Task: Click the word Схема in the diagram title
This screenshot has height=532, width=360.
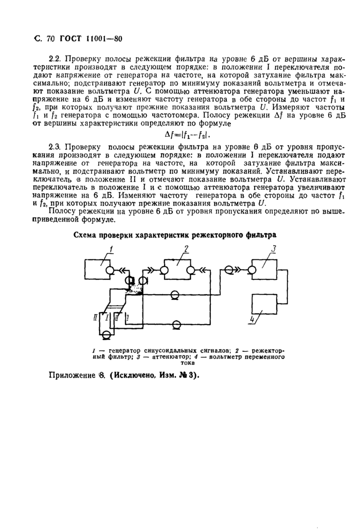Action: [x=87, y=234]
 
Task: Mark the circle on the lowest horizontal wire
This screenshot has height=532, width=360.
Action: [x=176, y=324]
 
